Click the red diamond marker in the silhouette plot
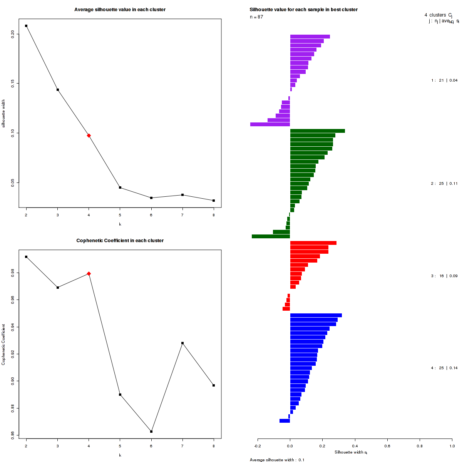pyautogui.click(x=89, y=136)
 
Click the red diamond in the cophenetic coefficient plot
pyautogui.click(x=89, y=274)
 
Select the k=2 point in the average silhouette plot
pyautogui.click(x=26, y=26)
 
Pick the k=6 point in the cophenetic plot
pyautogui.click(x=151, y=432)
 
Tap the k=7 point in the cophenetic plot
pyautogui.click(x=182, y=343)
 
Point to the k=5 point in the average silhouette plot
pyautogui.click(x=120, y=187)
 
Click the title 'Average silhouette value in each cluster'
pyautogui.click(x=120, y=10)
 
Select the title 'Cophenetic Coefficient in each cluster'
pyautogui.click(x=120, y=241)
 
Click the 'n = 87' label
pyautogui.click(x=256, y=17)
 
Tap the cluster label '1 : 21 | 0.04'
pyautogui.click(x=444, y=80)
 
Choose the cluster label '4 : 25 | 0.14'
pyautogui.click(x=444, y=368)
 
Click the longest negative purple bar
pyautogui.click(x=270, y=124)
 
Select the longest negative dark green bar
pyautogui.click(x=271, y=236)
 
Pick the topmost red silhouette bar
pyautogui.click(x=313, y=243)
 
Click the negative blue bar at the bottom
pyautogui.click(x=285, y=421)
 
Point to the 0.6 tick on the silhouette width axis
pyautogui.click(x=387, y=446)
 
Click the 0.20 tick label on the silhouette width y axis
pyautogui.click(x=13, y=34)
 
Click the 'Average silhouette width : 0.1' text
pyautogui.click(x=277, y=460)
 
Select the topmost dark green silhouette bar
pyautogui.click(x=317, y=131)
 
